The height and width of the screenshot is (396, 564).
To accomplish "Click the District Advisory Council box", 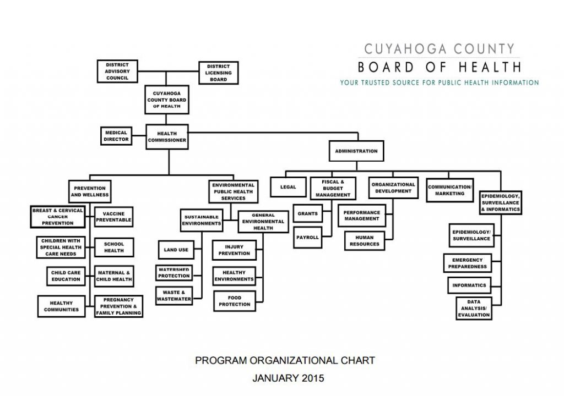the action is tap(117, 71).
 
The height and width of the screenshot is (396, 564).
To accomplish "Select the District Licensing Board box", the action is tap(218, 73).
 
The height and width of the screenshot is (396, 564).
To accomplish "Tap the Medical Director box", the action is tap(116, 136).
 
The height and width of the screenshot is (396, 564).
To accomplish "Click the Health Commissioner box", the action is tap(167, 136).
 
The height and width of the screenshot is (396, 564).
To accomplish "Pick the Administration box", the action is tap(356, 151).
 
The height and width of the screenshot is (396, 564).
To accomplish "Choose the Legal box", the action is tap(288, 187).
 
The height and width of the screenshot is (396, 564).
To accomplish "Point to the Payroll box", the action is tap(307, 238).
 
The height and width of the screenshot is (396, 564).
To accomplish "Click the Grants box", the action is tap(307, 213).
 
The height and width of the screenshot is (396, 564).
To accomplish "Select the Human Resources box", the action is tap(365, 241).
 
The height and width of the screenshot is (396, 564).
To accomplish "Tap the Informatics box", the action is tap(469, 285).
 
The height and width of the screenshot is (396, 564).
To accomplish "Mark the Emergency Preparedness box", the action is tap(467, 263).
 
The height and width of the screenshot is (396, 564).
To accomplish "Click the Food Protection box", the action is tap(235, 301).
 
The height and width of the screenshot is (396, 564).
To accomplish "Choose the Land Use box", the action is tap(176, 250).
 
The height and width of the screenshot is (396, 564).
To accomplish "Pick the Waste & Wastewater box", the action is tap(174, 296).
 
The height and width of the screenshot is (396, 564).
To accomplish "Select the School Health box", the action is tap(114, 248).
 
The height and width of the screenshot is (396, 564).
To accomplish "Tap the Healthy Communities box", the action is tap(62, 306).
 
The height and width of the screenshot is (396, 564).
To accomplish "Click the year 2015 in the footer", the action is tap(313, 378).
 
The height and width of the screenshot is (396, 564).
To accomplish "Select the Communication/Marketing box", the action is tap(449, 190).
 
